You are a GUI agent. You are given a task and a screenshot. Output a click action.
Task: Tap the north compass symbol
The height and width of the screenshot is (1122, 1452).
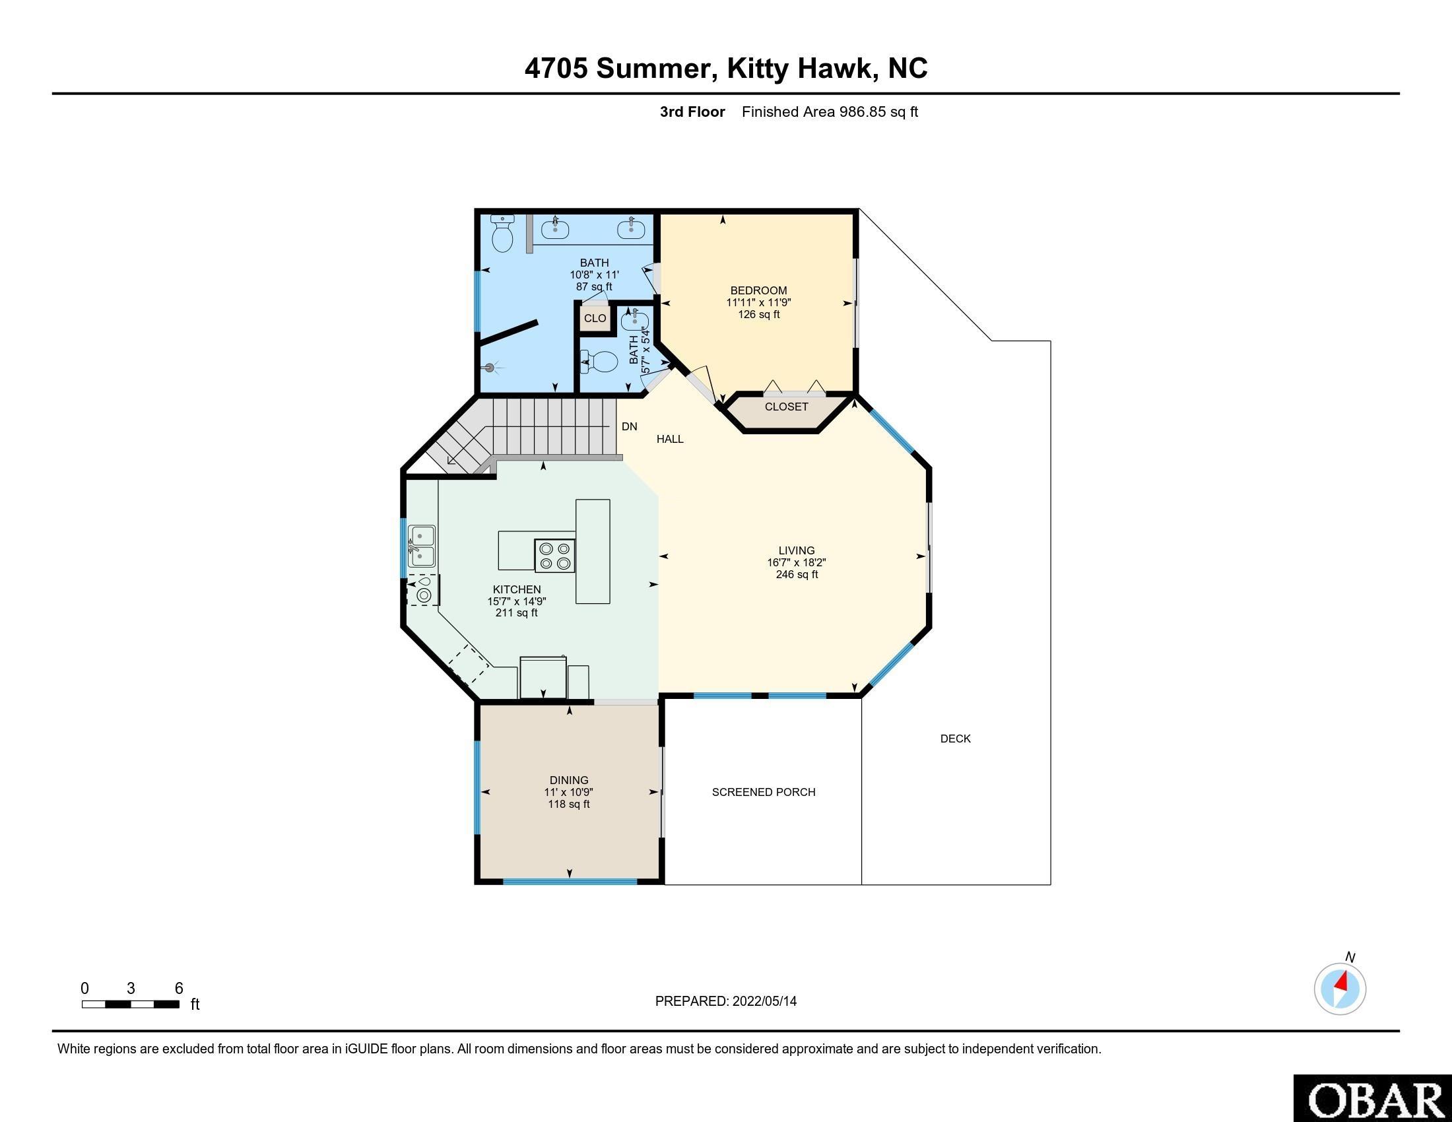point(1340,989)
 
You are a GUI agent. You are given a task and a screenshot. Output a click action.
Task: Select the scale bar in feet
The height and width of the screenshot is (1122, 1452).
point(130,1004)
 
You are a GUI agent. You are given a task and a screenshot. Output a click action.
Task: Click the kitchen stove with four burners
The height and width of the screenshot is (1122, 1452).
point(555,556)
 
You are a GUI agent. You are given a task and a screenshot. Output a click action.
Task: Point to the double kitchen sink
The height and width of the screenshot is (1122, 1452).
point(422,546)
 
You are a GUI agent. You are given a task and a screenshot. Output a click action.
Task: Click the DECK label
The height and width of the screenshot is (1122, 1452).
point(956,739)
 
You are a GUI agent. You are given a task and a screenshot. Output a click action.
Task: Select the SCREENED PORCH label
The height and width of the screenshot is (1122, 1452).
point(763,792)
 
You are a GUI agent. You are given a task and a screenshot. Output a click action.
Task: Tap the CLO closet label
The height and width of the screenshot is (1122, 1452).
point(595,318)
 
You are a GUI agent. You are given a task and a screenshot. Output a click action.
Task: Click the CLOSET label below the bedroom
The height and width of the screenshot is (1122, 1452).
point(786,407)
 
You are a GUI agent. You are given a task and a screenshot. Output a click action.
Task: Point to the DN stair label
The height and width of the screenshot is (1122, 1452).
point(629,427)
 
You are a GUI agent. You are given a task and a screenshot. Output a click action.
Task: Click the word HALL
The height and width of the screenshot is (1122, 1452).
point(669,439)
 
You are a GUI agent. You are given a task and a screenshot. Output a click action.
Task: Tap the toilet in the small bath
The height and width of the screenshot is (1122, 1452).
point(601,362)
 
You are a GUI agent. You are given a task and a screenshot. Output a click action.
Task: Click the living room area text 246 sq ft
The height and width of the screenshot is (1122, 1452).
point(797,574)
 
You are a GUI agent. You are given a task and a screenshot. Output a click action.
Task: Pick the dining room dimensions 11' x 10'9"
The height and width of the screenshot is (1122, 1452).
point(568,792)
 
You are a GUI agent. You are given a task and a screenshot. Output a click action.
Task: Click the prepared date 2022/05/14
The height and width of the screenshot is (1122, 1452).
point(764,1001)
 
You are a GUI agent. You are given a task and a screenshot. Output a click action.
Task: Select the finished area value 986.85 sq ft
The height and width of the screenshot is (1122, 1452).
point(878,112)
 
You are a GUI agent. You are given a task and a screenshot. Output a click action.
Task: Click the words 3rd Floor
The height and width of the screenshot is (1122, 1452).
point(692,112)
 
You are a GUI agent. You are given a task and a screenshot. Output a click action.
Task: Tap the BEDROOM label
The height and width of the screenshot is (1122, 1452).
point(758,290)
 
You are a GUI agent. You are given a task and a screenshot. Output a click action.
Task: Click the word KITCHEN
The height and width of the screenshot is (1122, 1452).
point(517,589)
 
